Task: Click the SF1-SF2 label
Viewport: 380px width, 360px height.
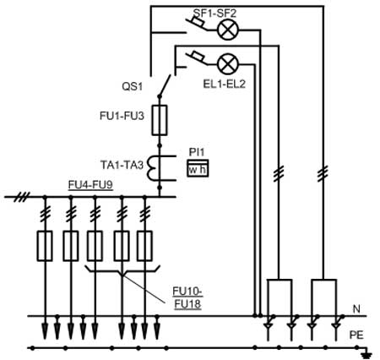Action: click(214, 13)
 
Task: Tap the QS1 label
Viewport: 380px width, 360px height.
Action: click(133, 86)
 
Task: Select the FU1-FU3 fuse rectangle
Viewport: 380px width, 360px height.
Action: click(160, 120)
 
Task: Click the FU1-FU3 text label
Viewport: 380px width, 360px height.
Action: click(122, 116)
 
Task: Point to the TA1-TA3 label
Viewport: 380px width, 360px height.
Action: click(122, 165)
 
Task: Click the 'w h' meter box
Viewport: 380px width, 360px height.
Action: click(198, 168)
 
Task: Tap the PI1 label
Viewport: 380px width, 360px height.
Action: click(197, 152)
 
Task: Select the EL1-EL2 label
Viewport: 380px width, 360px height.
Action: click(225, 84)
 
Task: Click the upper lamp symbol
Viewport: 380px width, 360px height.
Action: click(228, 30)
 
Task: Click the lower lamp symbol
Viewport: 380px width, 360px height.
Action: click(228, 63)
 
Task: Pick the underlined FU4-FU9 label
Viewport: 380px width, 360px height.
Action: click(90, 185)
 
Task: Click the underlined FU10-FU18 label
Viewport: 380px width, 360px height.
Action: click(187, 297)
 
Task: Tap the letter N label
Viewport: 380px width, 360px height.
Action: click(356, 309)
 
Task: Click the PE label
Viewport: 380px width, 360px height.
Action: click(356, 335)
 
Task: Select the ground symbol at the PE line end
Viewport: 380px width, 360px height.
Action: click(366, 354)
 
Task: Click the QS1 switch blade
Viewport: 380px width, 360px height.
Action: click(165, 85)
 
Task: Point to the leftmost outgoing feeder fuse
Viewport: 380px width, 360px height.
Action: click(45, 246)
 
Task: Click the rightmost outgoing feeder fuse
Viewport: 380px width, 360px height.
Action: click(144, 246)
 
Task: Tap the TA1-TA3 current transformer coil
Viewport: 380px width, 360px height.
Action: click(152, 168)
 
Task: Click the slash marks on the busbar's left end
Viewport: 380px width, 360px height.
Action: click(22, 197)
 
